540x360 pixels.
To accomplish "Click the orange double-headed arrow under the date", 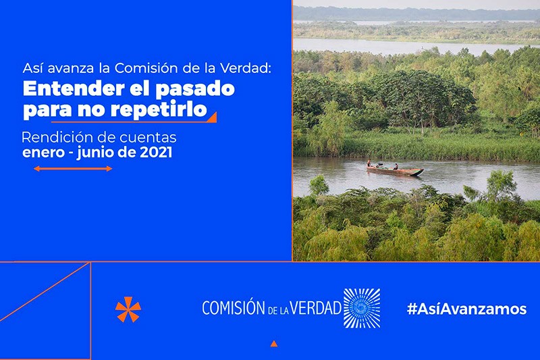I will coord(73,169).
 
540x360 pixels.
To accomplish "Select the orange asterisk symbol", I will coord(128,309).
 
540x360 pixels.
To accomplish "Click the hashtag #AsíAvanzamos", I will coord(466,309).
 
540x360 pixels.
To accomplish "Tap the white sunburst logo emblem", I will coord(362,308).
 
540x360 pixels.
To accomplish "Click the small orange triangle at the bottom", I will coord(274,343).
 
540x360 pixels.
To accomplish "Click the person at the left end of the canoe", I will coord(369,163).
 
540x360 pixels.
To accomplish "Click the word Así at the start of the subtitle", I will coord(32,68).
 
